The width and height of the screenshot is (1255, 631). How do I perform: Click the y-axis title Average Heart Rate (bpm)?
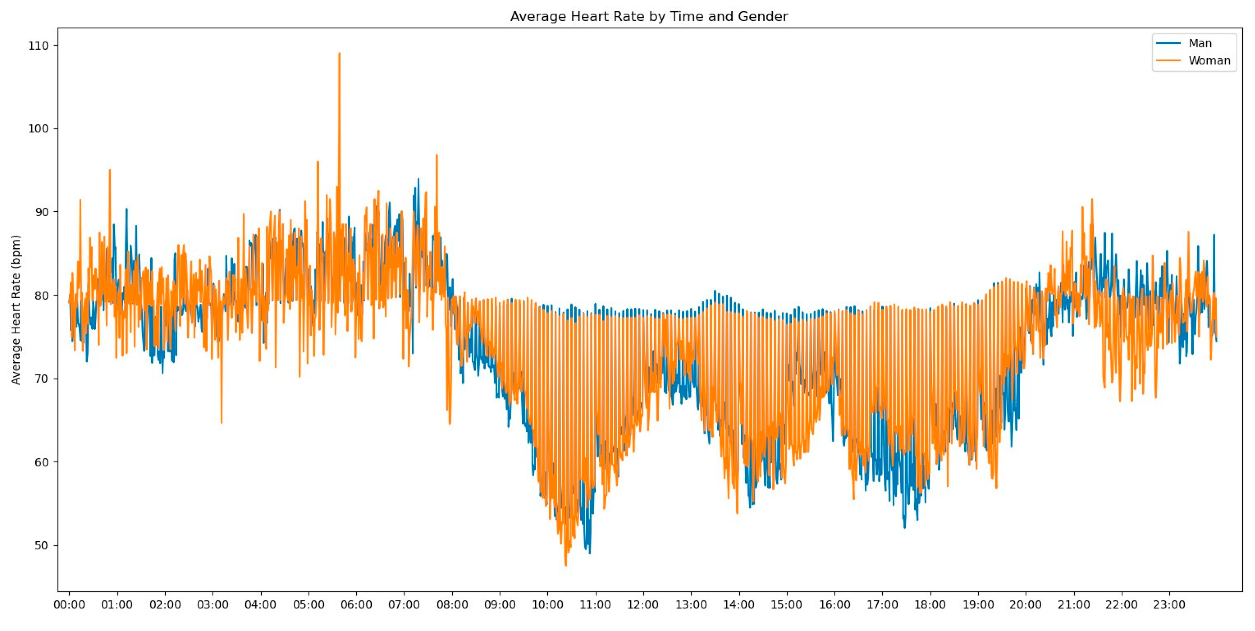pyautogui.click(x=16, y=310)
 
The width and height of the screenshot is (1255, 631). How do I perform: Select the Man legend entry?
pyautogui.click(x=1200, y=43)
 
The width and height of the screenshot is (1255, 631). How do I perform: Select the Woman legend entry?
pyautogui.click(x=1209, y=60)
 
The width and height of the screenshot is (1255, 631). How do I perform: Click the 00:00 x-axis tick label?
pyautogui.click(x=69, y=605)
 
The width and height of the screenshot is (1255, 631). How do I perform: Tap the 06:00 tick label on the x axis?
pyautogui.click(x=356, y=605)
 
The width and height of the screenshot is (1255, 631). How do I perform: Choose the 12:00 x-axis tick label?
pyautogui.click(x=643, y=605)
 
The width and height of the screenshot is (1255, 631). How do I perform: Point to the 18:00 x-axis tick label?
pyautogui.click(x=930, y=605)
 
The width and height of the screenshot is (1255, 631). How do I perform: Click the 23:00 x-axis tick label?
pyautogui.click(x=1169, y=605)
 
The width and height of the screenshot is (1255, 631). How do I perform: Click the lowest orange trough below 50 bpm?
pyautogui.click(x=566, y=565)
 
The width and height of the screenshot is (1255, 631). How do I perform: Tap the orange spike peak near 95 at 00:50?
pyautogui.click(x=110, y=170)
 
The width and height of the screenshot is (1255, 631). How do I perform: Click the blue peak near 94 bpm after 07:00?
pyautogui.click(x=418, y=179)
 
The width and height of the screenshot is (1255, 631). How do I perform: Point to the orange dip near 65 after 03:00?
pyautogui.click(x=221, y=422)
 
